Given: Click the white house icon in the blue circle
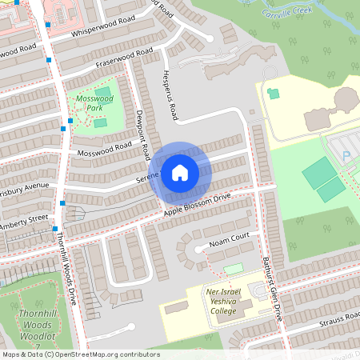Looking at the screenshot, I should (x=180, y=172).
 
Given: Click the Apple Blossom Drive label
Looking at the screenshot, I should (x=197, y=204).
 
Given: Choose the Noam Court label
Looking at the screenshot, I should (x=230, y=239).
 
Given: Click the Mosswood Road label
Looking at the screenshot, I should (x=105, y=149).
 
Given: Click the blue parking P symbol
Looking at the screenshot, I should (x=346, y=156).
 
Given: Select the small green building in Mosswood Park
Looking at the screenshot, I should (x=99, y=122).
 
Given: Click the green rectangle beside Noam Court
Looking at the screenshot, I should (x=233, y=269).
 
